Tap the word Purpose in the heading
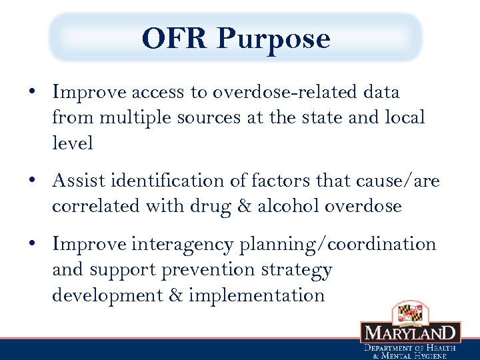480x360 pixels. (273, 39)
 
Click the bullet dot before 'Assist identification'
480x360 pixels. (33, 181)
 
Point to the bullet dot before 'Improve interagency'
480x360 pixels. (33, 245)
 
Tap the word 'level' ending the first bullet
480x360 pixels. (73, 143)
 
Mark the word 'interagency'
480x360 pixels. (182, 245)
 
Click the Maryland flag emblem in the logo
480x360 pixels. (409, 312)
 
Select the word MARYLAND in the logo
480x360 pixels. (410, 333)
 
